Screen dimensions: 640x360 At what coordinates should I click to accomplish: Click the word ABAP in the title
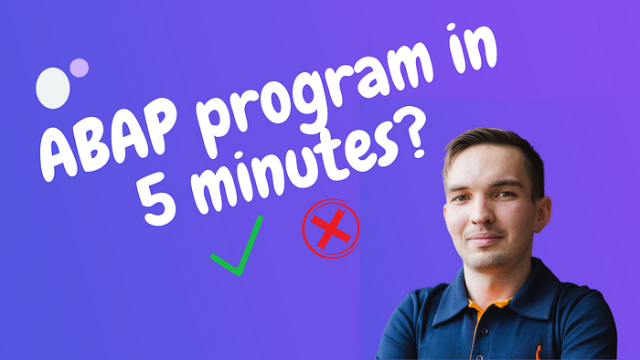[109, 140]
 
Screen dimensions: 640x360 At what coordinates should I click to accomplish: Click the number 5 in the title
[156, 201]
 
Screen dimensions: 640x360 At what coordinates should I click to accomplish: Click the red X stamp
[331, 228]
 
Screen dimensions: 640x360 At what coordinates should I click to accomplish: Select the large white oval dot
[53, 88]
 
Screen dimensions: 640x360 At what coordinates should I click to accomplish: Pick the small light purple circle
[79, 68]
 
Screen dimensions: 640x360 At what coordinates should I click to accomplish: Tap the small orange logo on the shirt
[539, 353]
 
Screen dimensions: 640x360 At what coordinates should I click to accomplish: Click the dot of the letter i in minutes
[239, 157]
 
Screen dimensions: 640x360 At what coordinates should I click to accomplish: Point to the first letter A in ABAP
[60, 155]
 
